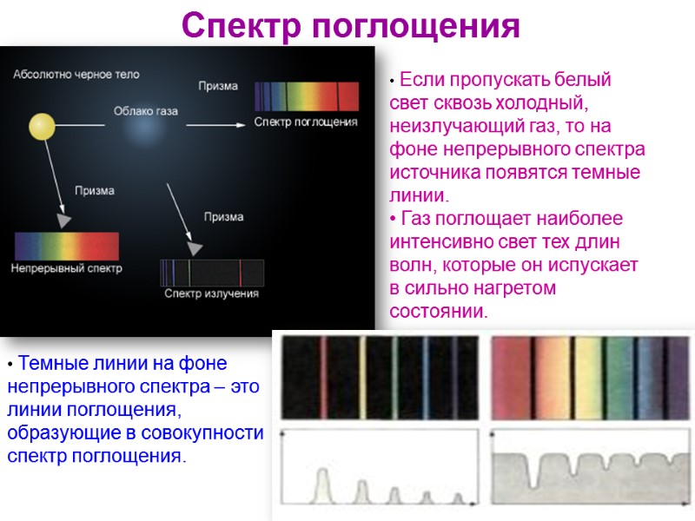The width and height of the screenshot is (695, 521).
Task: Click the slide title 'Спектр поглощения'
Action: [x=351, y=26]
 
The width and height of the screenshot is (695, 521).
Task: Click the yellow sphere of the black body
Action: [x=42, y=127]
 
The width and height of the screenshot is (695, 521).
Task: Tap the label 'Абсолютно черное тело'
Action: [x=76, y=75]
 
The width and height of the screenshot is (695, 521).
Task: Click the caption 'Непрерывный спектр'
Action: [x=67, y=268]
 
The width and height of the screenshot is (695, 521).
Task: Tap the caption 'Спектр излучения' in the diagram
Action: [x=212, y=293]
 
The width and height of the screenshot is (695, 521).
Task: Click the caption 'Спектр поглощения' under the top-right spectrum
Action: [x=306, y=122]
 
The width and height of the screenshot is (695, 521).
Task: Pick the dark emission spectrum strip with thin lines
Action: [x=212, y=273]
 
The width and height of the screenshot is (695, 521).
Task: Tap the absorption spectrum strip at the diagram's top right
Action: [x=306, y=95]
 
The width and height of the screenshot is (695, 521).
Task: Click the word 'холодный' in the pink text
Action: [x=538, y=103]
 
